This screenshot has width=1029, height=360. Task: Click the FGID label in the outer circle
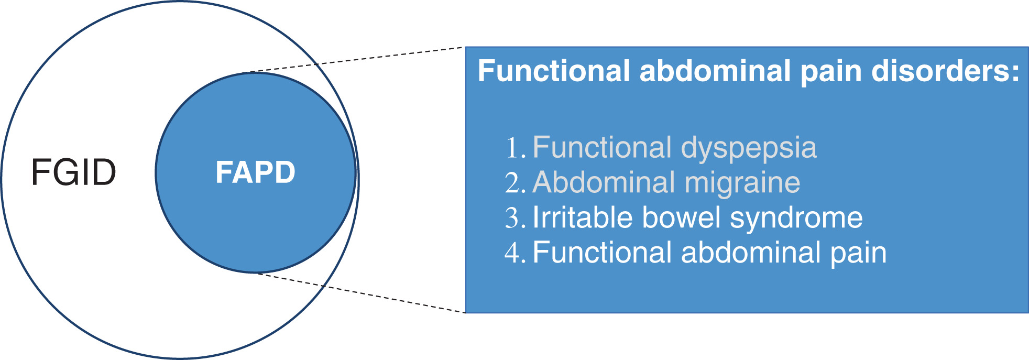coord(73,172)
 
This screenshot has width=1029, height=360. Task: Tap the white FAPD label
coord(256,172)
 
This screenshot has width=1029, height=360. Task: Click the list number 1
coord(516,148)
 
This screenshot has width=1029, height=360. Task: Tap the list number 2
coord(516,183)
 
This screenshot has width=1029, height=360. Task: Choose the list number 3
coord(516,218)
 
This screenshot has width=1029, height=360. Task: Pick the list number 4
coord(516,253)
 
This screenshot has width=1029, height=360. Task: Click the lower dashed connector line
coord(360,292)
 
